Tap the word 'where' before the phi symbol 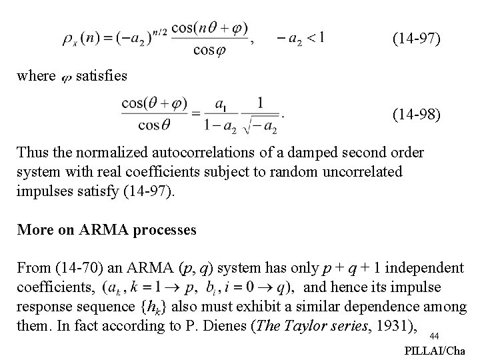[36, 77]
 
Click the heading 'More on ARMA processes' [107, 230]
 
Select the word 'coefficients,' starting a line [55, 287]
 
